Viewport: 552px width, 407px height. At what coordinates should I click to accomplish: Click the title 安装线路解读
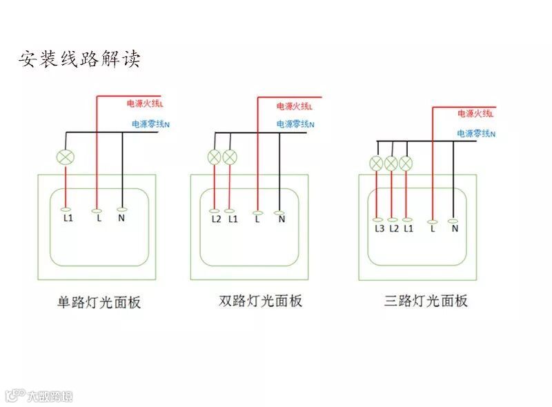pos(79,59)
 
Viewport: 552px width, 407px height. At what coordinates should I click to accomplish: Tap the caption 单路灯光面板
pos(99,302)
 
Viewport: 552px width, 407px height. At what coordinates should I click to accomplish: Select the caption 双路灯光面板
pos(260,301)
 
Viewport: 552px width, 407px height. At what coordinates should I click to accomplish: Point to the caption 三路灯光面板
pos(426,301)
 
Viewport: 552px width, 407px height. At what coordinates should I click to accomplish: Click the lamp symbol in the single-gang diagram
pos(66,157)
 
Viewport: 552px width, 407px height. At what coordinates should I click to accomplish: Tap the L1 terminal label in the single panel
pos(68,219)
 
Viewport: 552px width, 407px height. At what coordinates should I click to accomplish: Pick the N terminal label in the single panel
pos(121,219)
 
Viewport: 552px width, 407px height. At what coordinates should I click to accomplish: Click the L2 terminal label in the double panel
pos(216,219)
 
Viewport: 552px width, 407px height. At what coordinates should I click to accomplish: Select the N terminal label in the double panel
pos(282,219)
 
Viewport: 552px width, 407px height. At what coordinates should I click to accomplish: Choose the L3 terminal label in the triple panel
pos(379,228)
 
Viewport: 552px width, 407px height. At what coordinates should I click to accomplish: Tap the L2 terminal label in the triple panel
pos(394,228)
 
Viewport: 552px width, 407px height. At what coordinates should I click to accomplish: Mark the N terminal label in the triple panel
pos(455,228)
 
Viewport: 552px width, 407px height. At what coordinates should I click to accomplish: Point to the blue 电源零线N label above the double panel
pos(295,124)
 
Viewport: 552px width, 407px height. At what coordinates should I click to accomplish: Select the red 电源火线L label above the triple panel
pos(475,113)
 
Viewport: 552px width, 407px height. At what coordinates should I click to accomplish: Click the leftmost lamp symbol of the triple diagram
pos(376,163)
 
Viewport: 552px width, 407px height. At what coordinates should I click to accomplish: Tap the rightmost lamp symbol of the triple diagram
pos(406,163)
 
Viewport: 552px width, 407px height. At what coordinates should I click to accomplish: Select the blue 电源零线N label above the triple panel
pos(476,133)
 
